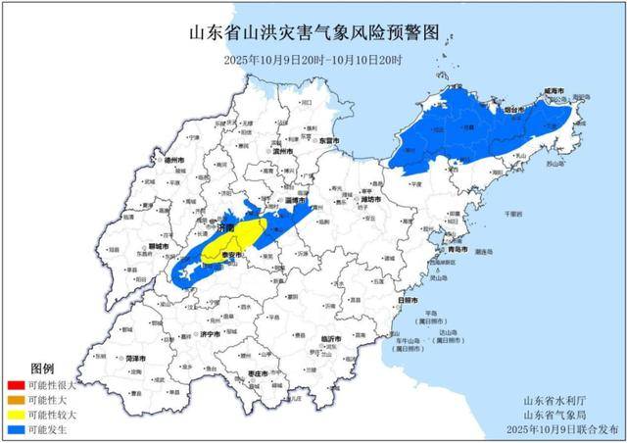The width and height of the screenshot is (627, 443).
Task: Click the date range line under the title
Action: (313, 60)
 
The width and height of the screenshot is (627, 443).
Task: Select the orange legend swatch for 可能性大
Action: (16, 401)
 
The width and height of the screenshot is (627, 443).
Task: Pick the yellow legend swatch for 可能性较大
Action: (16, 415)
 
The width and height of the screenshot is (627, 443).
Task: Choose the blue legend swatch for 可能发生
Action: (16, 429)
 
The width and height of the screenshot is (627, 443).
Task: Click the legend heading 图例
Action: (42, 369)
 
